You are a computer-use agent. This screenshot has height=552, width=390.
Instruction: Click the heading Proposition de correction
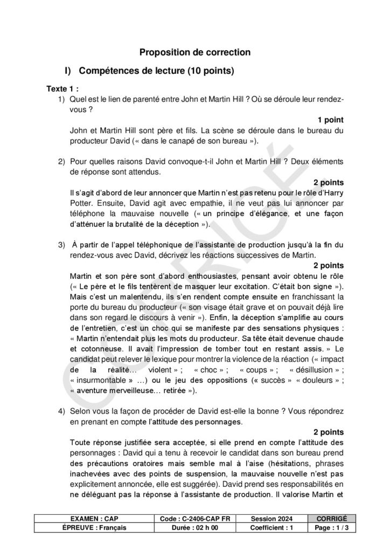tap(195, 52)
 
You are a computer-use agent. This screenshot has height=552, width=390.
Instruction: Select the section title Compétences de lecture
tap(156, 71)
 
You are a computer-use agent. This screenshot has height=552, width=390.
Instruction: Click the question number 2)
tap(61, 161)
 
